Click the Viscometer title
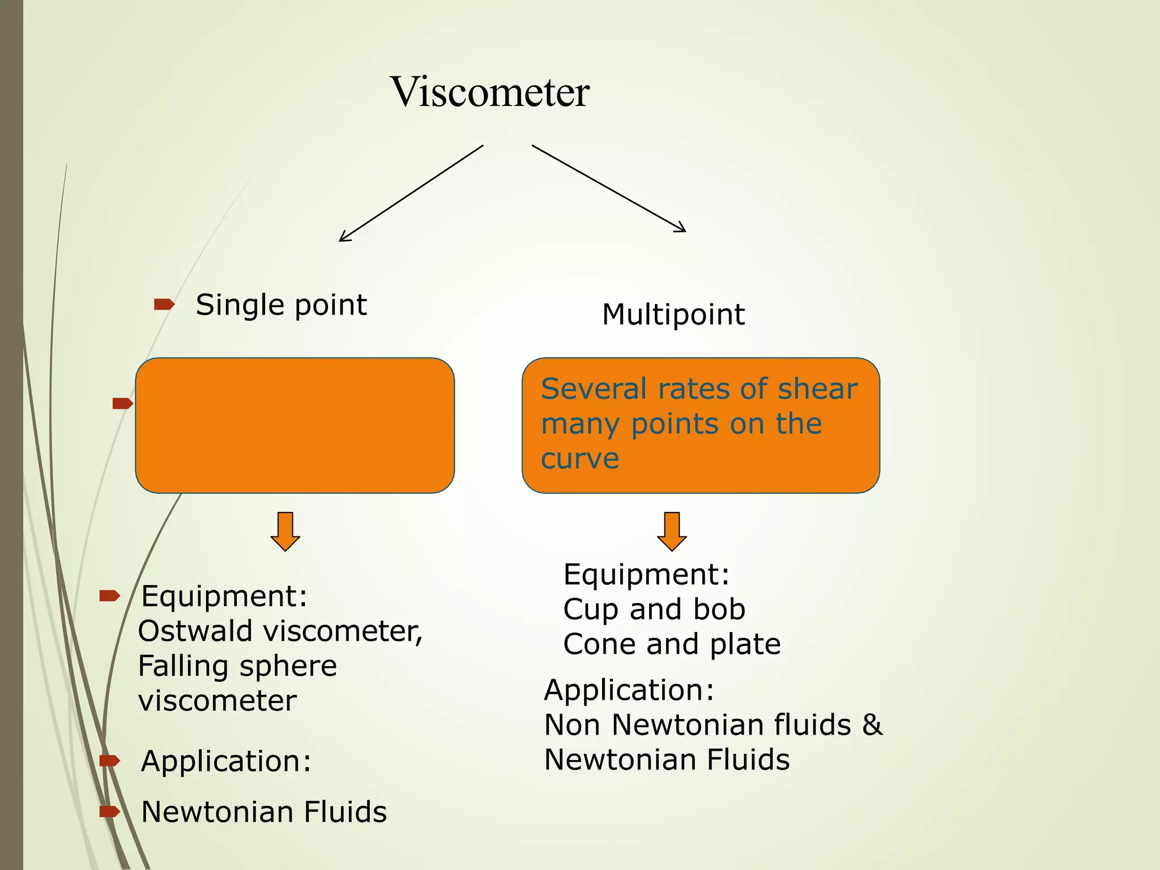(x=490, y=92)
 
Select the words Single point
(x=281, y=305)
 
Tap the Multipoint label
(x=673, y=314)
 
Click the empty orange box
(x=295, y=425)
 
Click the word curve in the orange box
(x=580, y=458)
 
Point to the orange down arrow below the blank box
(x=285, y=531)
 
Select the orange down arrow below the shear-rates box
(x=672, y=531)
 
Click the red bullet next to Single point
(x=164, y=305)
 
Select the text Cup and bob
(x=654, y=609)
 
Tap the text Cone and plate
(x=672, y=645)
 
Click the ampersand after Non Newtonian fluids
(x=872, y=725)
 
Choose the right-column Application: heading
(x=629, y=690)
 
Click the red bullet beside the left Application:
(x=110, y=761)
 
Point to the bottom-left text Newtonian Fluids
(x=264, y=812)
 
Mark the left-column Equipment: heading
(x=224, y=596)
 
